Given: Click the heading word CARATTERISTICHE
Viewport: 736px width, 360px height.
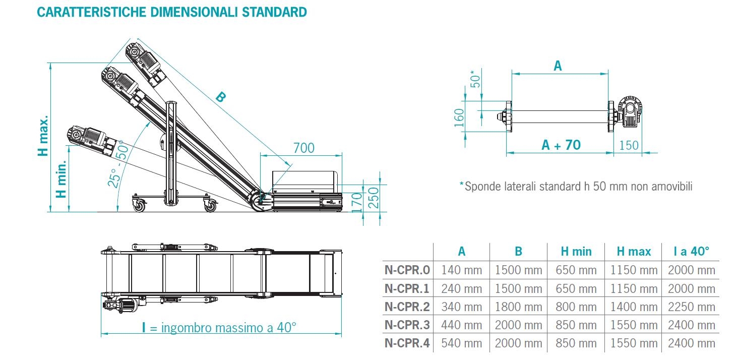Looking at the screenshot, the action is [x=91, y=12].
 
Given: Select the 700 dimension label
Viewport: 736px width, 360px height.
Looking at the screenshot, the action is [x=303, y=148].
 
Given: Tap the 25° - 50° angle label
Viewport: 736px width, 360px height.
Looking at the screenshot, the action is [x=118, y=163].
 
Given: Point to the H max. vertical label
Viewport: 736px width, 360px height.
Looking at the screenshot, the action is [x=43, y=136].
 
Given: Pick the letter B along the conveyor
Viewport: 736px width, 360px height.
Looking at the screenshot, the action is [x=221, y=97].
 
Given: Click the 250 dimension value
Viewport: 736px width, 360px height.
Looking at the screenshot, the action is [x=374, y=198].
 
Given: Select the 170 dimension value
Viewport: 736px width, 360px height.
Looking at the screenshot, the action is [x=356, y=202].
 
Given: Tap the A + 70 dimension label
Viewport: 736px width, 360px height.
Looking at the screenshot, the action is [x=561, y=145].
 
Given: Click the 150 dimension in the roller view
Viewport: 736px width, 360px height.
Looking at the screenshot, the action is [x=629, y=145].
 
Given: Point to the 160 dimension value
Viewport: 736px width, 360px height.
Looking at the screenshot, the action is [x=459, y=117].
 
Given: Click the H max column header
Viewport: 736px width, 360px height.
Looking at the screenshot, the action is [x=634, y=252].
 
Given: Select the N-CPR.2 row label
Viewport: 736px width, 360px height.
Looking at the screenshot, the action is [x=407, y=307].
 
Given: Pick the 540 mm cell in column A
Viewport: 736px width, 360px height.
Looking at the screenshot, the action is [x=461, y=343].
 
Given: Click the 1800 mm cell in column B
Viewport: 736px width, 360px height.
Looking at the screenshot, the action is [x=518, y=307].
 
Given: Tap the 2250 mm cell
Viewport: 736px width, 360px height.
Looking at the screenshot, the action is [x=691, y=307].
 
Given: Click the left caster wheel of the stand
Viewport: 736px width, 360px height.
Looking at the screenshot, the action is [x=139, y=205].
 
